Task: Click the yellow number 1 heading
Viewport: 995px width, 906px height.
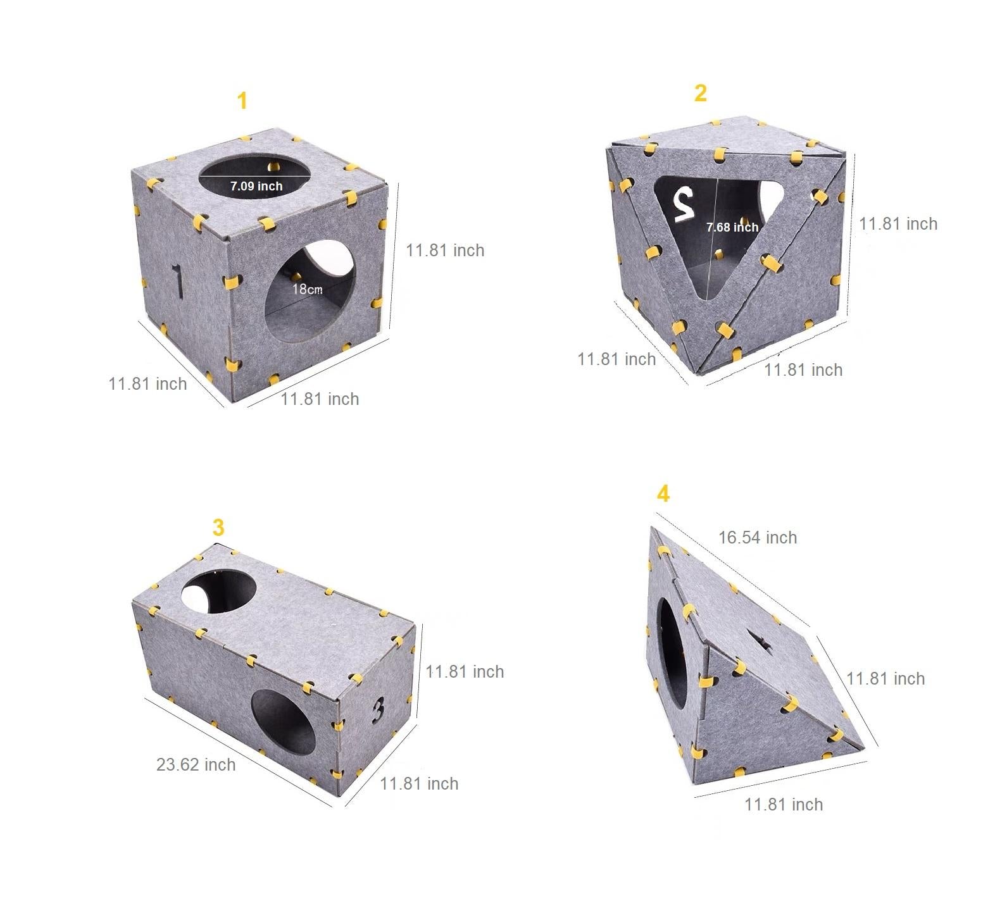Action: pyautogui.click(x=242, y=101)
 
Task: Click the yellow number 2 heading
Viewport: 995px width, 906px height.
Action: pyautogui.click(x=700, y=93)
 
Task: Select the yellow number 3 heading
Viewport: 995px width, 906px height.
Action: pyautogui.click(x=218, y=528)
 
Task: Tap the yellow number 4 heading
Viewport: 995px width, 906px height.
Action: pyautogui.click(x=663, y=493)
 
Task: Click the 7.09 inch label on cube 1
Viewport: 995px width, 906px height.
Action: pyautogui.click(x=256, y=186)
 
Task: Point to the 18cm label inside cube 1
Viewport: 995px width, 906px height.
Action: pyautogui.click(x=307, y=289)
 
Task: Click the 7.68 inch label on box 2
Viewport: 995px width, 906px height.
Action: pyautogui.click(x=732, y=227)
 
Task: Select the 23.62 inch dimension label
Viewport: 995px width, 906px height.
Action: pyautogui.click(x=196, y=764)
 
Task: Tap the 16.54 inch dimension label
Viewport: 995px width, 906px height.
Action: pyautogui.click(x=757, y=537)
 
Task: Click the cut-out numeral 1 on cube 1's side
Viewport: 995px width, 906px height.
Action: pyautogui.click(x=178, y=281)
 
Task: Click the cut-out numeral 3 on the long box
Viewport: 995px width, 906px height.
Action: pyautogui.click(x=378, y=709)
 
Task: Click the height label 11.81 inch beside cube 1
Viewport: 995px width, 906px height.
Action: pyautogui.click(x=444, y=251)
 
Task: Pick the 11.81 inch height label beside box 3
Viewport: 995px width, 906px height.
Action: pyautogui.click(x=464, y=671)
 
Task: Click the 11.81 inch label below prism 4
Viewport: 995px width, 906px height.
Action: pyautogui.click(x=783, y=804)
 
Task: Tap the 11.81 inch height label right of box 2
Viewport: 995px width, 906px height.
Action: pyautogui.click(x=898, y=223)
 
